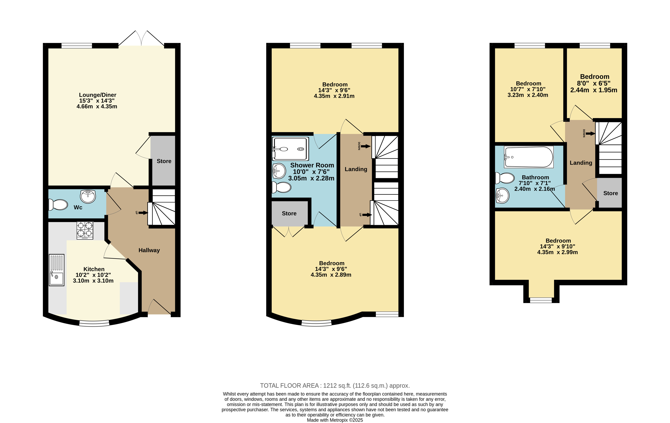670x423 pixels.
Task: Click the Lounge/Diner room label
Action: click(x=98, y=95)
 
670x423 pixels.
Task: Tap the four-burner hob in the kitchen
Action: click(x=85, y=230)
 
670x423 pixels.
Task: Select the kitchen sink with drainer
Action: click(x=57, y=270)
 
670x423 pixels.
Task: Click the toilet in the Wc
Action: click(x=58, y=205)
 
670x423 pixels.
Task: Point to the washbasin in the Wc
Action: click(x=88, y=196)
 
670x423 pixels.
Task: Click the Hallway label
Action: click(x=149, y=250)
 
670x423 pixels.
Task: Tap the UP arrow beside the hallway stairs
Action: click(x=143, y=213)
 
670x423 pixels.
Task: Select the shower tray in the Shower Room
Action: click(x=290, y=149)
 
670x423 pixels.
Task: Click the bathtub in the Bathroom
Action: click(x=529, y=157)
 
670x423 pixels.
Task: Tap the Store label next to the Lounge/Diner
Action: click(x=164, y=161)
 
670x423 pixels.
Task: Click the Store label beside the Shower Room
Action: click(x=289, y=213)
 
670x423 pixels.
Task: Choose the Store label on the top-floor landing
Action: click(x=610, y=193)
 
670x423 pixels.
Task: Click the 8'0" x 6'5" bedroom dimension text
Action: click(x=594, y=83)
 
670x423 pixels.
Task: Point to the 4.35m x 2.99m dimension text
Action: click(x=557, y=252)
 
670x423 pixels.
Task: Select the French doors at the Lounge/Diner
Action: click(x=141, y=38)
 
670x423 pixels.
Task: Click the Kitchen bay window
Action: click(x=94, y=323)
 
